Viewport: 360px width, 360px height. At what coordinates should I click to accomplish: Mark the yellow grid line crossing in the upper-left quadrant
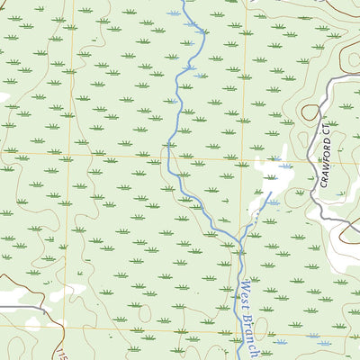pyautogui.click(x=69, y=153)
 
